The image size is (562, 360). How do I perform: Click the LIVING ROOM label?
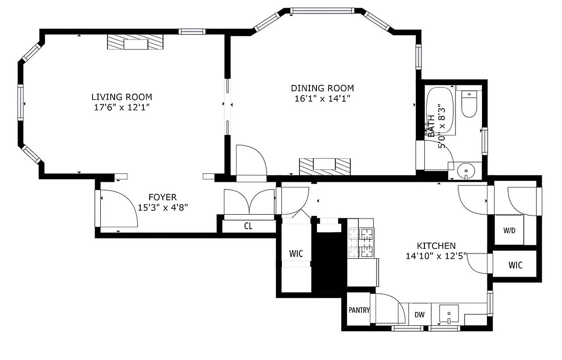coord(121,97)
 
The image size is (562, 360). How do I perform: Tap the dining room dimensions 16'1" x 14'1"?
coord(322,98)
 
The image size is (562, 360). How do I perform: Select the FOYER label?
coord(162,197)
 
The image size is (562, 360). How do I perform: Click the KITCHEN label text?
coord(436,246)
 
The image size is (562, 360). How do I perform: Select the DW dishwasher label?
coord(419,315)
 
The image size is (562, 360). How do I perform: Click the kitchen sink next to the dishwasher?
coord(448,313)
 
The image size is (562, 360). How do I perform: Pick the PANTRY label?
coord(359,310)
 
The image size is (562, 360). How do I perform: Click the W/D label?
coord(509,231)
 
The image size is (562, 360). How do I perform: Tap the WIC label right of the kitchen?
coord(515,265)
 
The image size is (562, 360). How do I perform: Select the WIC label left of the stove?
coord(296,254)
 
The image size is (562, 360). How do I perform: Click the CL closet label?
coord(248,226)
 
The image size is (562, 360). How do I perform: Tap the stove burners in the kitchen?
coord(361,243)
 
